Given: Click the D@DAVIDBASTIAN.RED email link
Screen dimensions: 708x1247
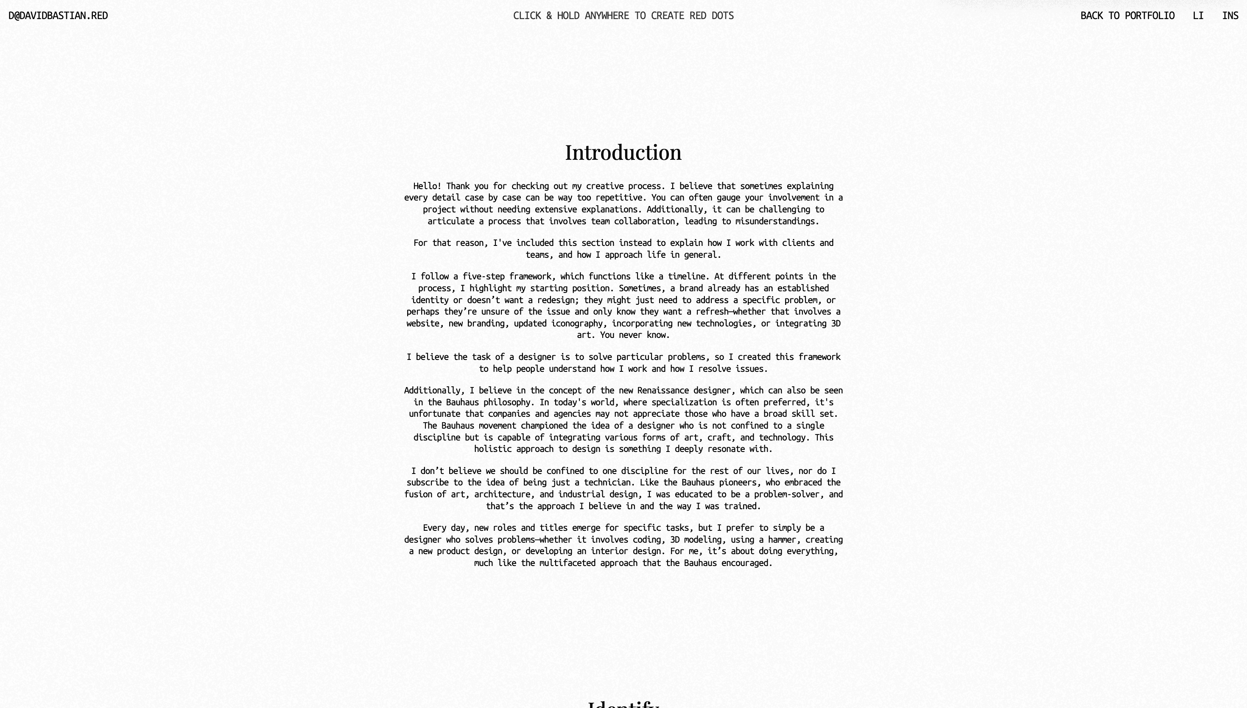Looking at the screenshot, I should coord(59,16).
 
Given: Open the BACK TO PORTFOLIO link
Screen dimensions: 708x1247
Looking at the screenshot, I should coord(1127,16).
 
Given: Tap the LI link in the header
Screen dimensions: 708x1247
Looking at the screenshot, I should coord(1198,16).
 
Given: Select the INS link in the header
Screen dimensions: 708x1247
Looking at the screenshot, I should coord(1230,16).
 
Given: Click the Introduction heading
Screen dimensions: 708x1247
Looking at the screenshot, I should coord(623,153).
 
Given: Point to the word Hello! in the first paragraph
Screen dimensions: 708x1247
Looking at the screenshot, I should coord(427,186).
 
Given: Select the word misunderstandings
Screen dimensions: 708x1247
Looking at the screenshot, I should coord(777,221).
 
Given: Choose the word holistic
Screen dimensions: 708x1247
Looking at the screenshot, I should coord(493,449).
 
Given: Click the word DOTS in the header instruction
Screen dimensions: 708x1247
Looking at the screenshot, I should coord(722,16).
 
